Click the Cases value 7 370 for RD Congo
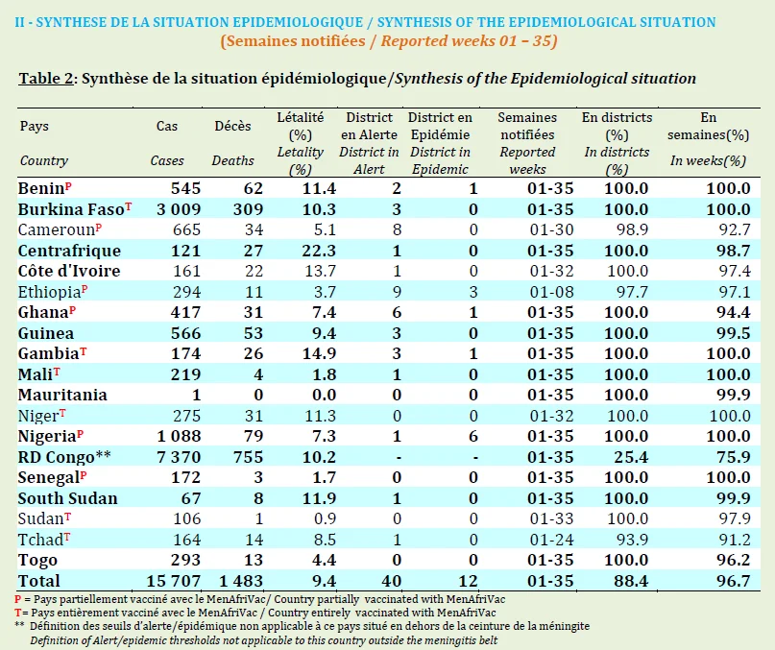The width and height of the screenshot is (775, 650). (x=179, y=457)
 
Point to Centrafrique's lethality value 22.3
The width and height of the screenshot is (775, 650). (x=319, y=251)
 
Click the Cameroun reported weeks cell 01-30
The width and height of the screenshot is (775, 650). (x=551, y=229)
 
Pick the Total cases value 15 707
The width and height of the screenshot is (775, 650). (x=174, y=581)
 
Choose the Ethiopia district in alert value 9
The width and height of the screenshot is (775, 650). (x=397, y=292)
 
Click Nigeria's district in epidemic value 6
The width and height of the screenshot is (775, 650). (x=473, y=436)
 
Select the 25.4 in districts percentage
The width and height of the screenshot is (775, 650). (x=631, y=457)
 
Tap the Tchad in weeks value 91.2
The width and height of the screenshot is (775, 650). (x=734, y=540)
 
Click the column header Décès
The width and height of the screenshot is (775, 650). (x=232, y=126)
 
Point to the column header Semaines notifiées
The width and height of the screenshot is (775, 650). (x=527, y=126)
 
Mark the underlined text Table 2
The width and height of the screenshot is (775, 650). (x=46, y=79)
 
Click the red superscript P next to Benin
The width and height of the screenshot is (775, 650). (x=68, y=186)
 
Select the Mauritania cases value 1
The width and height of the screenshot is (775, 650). (x=196, y=395)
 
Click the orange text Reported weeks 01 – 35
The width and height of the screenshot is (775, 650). (x=469, y=40)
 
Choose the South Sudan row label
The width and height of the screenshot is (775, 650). (x=68, y=498)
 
